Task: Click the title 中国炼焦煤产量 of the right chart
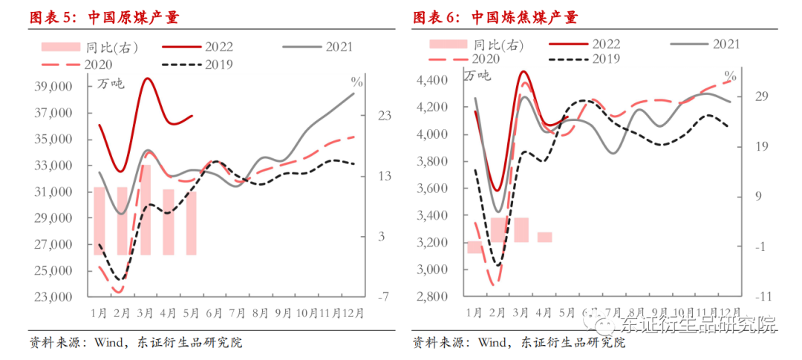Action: coord(524,17)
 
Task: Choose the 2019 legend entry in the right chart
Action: coord(605,59)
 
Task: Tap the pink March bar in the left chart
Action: coord(146,210)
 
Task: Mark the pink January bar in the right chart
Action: coord(474,247)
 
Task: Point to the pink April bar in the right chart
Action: coord(544,237)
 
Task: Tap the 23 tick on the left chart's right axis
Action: coord(385,116)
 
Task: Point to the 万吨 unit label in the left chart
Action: coord(111,83)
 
